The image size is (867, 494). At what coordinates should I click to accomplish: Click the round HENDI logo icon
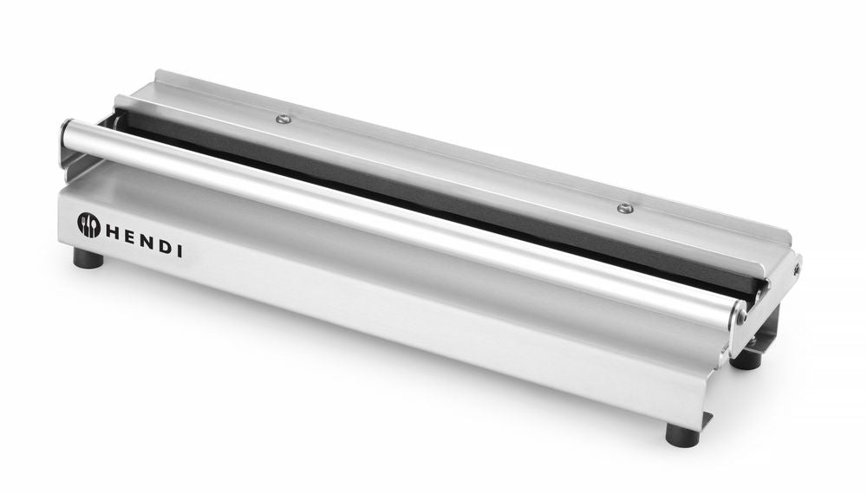89,224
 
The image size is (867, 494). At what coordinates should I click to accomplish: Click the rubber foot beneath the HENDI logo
88,259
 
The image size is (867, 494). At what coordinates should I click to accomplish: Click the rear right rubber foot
746,359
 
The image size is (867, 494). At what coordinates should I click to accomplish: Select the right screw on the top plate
624,207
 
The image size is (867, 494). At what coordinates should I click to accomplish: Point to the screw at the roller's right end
741,318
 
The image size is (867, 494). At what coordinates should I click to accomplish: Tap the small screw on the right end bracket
795,270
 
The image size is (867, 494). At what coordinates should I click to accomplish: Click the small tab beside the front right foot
707,421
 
